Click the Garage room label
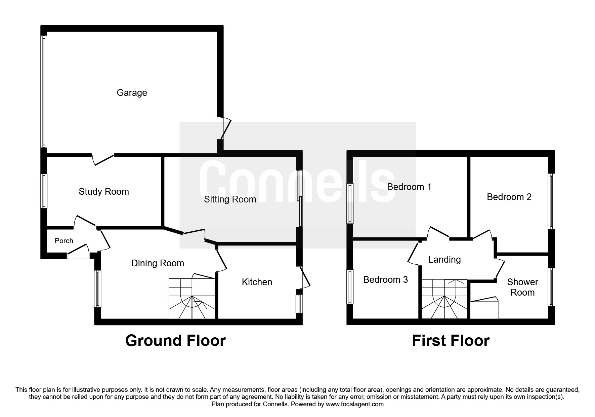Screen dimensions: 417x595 [x=132, y=93]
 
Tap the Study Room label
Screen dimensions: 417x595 [x=103, y=192]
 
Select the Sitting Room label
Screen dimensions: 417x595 [x=230, y=199]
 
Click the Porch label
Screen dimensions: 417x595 [x=64, y=241]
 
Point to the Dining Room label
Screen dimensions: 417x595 [x=158, y=263]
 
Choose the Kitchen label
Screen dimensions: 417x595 [x=257, y=282]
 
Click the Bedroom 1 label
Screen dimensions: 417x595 [x=409, y=187]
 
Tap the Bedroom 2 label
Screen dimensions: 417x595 [x=509, y=197]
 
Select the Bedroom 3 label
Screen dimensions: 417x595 [x=385, y=280]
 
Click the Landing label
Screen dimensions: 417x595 [x=444, y=260]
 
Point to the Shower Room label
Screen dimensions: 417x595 [x=522, y=287]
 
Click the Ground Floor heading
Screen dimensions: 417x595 [x=175, y=341]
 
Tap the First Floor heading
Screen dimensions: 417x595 [x=450, y=341]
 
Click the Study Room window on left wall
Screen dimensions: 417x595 [x=44, y=191]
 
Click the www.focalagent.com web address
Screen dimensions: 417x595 [x=354, y=404]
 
